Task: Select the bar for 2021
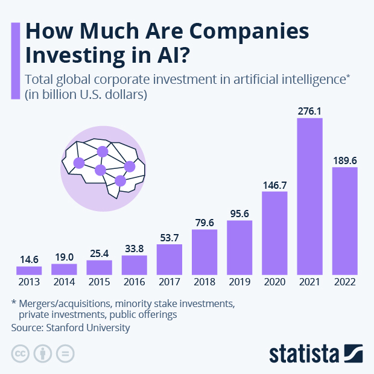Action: coord(309,196)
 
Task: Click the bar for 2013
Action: coord(29,270)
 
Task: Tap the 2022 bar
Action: coord(345,221)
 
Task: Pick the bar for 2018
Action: coord(204,252)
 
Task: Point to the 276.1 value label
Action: coord(309,111)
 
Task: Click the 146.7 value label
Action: coord(275,185)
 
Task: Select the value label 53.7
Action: coord(170,238)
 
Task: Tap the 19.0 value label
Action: coord(64,257)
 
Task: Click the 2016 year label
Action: coord(135,282)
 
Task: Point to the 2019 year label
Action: coord(239,282)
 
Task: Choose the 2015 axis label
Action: coord(99,282)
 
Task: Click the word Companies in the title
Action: coord(249,32)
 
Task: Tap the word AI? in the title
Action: coord(173,55)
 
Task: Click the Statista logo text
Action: coord(305,353)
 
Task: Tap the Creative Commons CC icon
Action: coord(21,353)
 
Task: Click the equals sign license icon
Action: coord(65,353)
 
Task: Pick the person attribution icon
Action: coord(43,353)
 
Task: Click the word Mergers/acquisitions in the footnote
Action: coord(65,304)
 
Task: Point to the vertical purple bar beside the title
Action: coord(16,61)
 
